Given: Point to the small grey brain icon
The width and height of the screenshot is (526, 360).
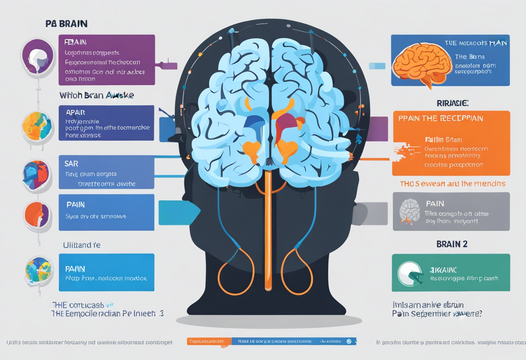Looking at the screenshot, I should click(x=409, y=211).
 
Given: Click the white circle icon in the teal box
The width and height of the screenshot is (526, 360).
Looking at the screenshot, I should click(x=409, y=273).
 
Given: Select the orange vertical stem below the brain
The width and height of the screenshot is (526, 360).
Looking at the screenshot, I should click(x=268, y=225).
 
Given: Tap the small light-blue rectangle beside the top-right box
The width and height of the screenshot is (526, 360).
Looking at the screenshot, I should click(x=376, y=66).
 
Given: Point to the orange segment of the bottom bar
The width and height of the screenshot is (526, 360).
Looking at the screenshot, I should click(x=209, y=341).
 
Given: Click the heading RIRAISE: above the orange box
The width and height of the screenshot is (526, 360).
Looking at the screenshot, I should click(x=452, y=103).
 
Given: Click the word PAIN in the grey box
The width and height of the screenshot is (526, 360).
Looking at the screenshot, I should click(x=435, y=203).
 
